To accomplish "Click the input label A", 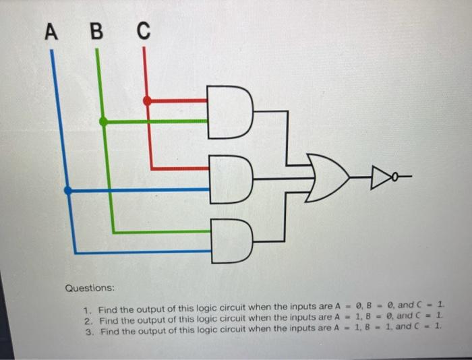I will coord(51,32).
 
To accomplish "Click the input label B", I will coord(97,32).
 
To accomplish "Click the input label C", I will coord(143,32).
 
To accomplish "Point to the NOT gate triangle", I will coord(377,177).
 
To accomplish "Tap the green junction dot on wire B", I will coord(103,122).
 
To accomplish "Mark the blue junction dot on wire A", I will coord(67,191).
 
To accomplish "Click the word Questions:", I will coord(90,288).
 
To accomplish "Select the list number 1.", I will coord(87,309).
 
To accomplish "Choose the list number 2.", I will coord(87,318).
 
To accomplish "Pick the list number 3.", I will coord(87,328).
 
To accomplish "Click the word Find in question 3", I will coord(108,328).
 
